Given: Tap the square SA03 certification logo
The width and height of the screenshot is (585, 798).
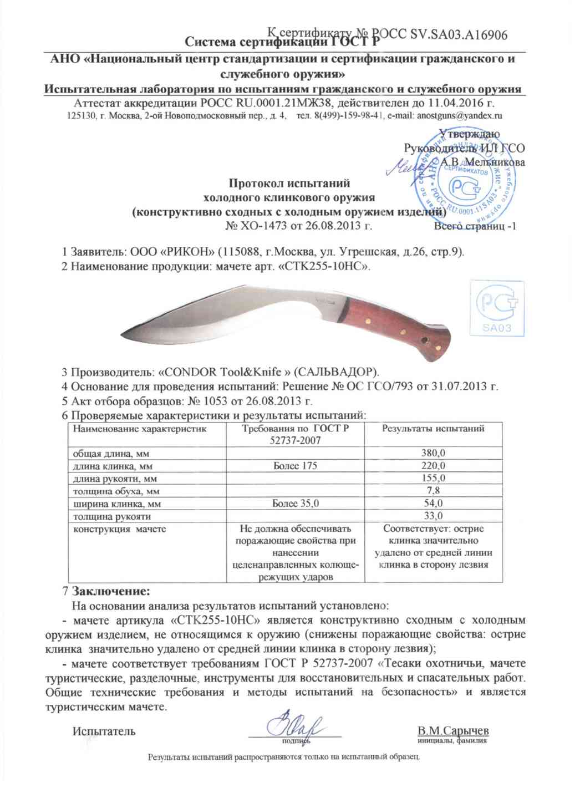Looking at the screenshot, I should click(496, 308).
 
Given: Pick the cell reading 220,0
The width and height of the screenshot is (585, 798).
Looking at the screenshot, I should click(433, 466).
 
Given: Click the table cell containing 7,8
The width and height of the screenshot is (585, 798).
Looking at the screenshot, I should click(433, 491).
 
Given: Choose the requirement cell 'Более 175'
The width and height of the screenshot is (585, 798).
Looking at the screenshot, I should click(296, 466).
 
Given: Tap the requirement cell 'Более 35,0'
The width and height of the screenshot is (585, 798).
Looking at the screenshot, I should click(296, 504).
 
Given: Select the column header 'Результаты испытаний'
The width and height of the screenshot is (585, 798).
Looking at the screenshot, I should click(433, 429).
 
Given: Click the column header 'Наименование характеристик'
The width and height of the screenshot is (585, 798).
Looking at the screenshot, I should click(140, 429).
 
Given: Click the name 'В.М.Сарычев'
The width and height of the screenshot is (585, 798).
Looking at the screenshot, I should click(453, 730).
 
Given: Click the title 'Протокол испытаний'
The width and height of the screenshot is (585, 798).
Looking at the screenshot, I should click(289, 184).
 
